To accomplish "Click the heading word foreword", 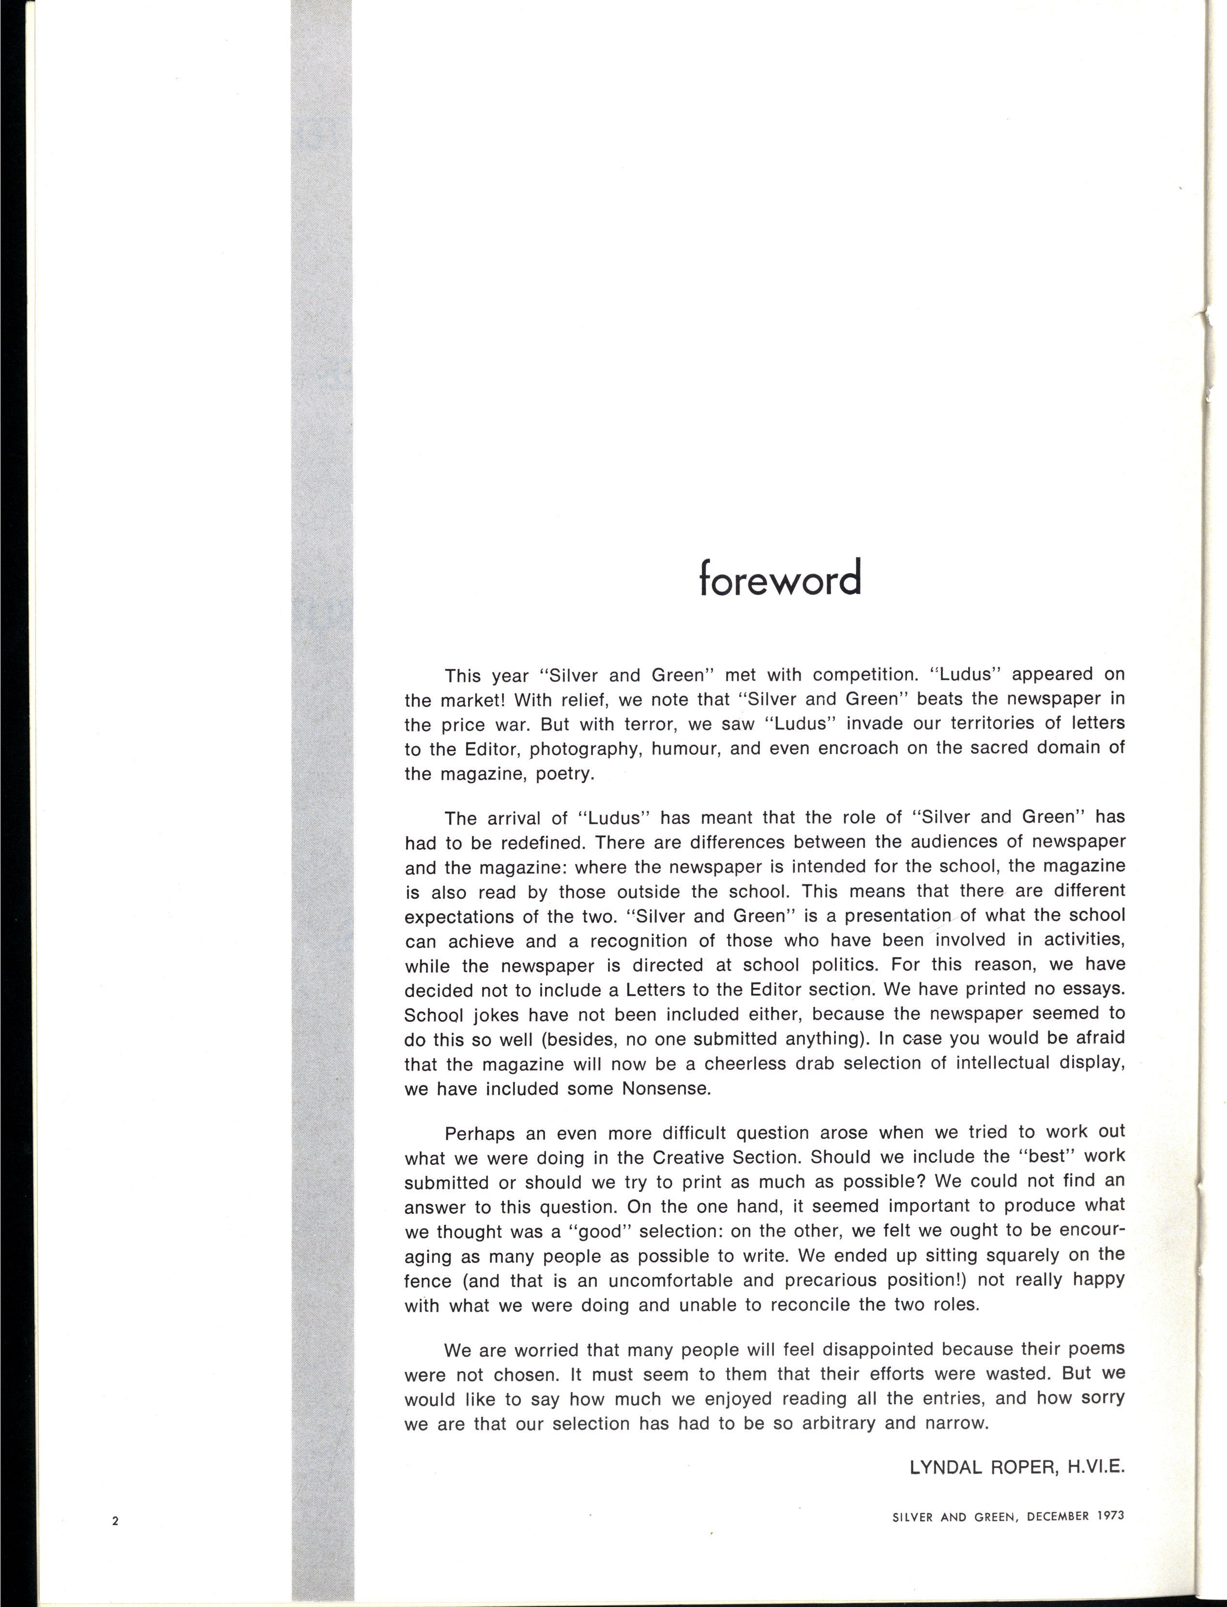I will pos(780,578).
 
